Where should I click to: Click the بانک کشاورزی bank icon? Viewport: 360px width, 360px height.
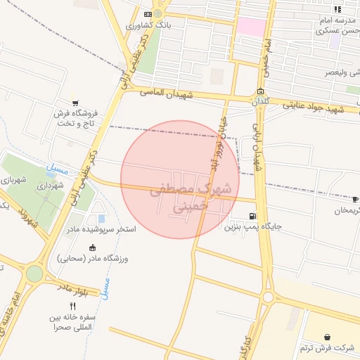pyautogui.click(x=147, y=14)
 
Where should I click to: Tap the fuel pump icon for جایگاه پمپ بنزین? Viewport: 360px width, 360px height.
pyautogui.click(x=252, y=216)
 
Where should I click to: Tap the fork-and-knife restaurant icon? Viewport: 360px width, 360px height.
pyautogui.click(x=72, y=306)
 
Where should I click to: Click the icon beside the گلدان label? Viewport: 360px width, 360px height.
pyautogui.click(x=260, y=91)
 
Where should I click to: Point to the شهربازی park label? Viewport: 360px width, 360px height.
pyautogui.click(x=14, y=181)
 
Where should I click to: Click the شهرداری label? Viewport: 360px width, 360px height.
pyautogui.click(x=51, y=186)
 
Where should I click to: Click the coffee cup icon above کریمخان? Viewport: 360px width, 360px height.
pyautogui.click(x=355, y=199)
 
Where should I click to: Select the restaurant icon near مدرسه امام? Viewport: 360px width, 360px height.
pyautogui.click(x=337, y=9)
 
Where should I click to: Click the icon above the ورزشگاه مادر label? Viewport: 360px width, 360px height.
pyautogui.click(x=92, y=246)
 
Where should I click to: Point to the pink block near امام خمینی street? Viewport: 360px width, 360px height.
pyautogui.click(x=251, y=27)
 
